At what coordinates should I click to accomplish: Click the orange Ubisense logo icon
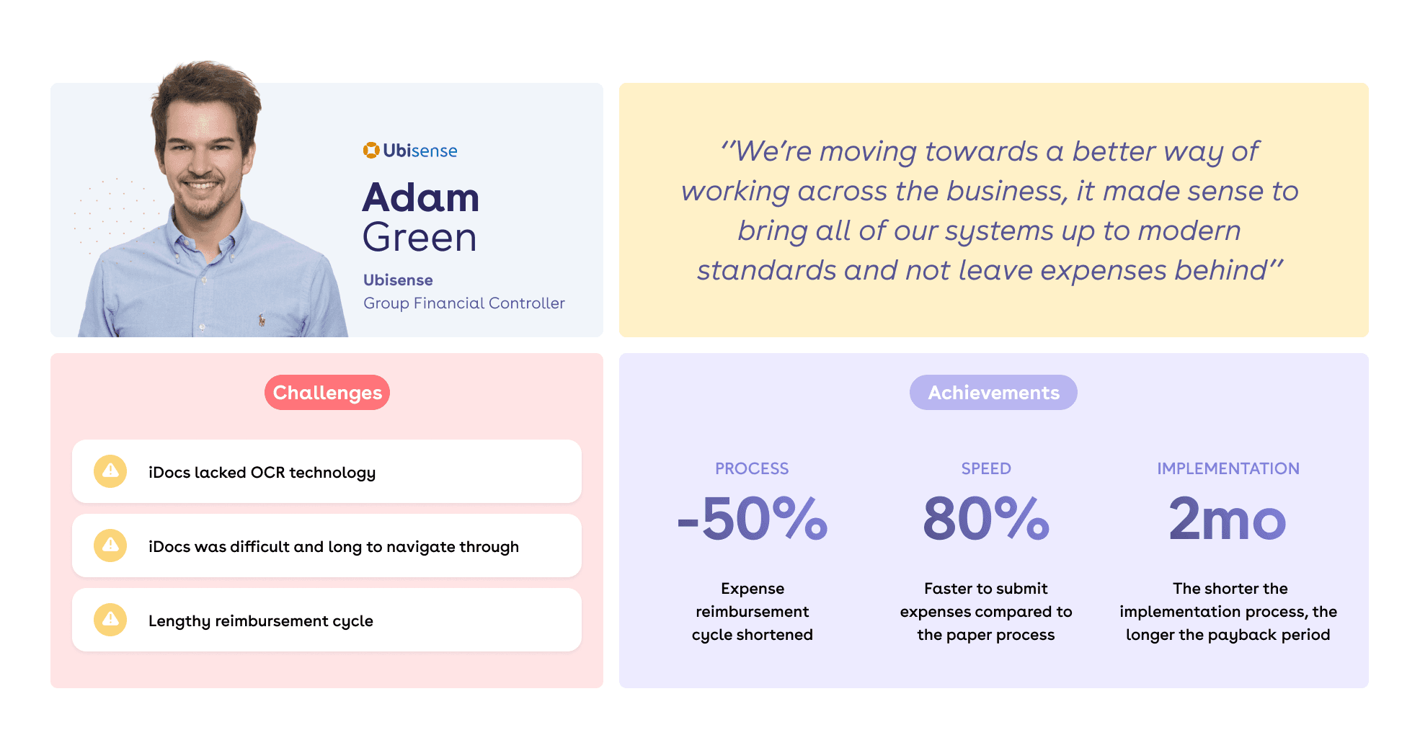(x=370, y=150)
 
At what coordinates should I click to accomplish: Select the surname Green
(x=420, y=237)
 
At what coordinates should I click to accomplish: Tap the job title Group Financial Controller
(x=463, y=303)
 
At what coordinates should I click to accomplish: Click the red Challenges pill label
(x=327, y=393)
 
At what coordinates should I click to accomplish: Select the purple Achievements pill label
(x=993, y=393)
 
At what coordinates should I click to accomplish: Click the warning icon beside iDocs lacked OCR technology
(x=110, y=471)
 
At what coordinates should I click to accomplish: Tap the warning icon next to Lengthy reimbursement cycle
(x=110, y=620)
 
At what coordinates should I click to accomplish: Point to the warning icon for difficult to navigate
(x=110, y=546)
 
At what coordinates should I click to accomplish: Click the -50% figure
(x=752, y=519)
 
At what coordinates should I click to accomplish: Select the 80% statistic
(x=985, y=519)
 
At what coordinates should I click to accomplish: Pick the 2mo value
(x=1227, y=519)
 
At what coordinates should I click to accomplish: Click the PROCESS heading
(x=752, y=468)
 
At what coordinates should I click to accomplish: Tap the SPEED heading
(x=985, y=468)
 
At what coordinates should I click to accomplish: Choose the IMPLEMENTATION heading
(x=1228, y=468)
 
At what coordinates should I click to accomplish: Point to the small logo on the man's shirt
(x=262, y=319)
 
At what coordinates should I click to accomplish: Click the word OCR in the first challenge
(x=267, y=473)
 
